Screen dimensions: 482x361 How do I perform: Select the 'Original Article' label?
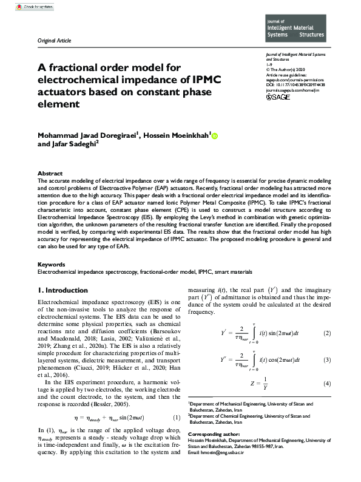(x=55, y=41)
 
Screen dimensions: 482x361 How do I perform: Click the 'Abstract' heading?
(x=50, y=173)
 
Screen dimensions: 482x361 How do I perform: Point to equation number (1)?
(x=176, y=418)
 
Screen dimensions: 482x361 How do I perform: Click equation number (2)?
(x=326, y=334)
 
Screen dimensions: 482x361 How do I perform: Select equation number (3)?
(x=326, y=361)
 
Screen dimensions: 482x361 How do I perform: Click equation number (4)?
(x=326, y=384)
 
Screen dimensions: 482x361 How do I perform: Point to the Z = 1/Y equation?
(x=259, y=384)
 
